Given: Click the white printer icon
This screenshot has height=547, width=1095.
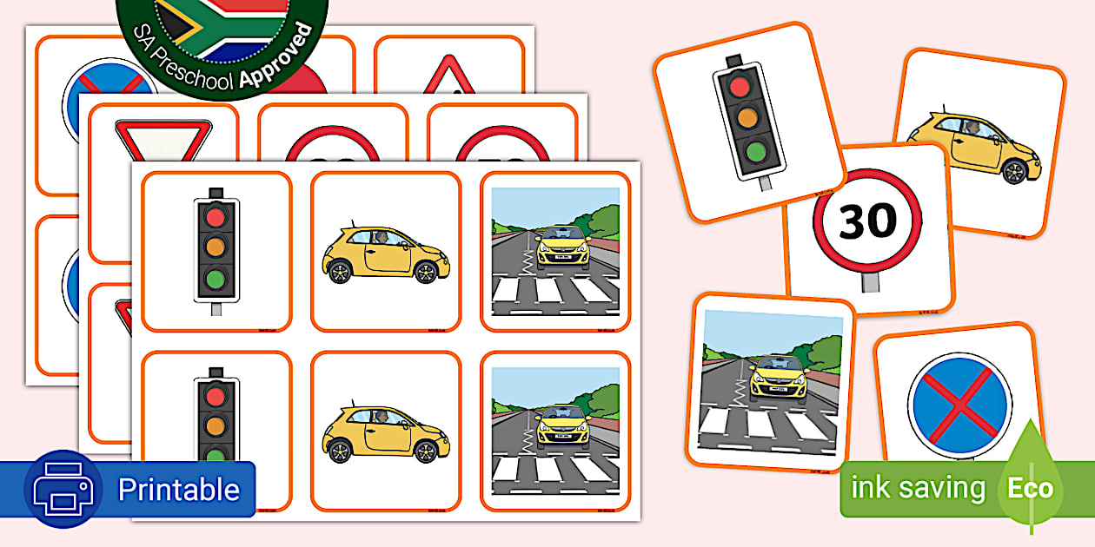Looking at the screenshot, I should click(x=63, y=490).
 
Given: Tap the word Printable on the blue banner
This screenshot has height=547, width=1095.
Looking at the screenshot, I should click(x=178, y=490).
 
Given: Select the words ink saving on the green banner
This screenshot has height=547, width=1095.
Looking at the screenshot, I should click(x=918, y=488).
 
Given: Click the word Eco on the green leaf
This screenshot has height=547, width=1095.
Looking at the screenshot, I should click(x=1030, y=488).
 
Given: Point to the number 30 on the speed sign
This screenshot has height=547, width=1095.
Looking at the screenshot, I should click(x=868, y=221).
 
